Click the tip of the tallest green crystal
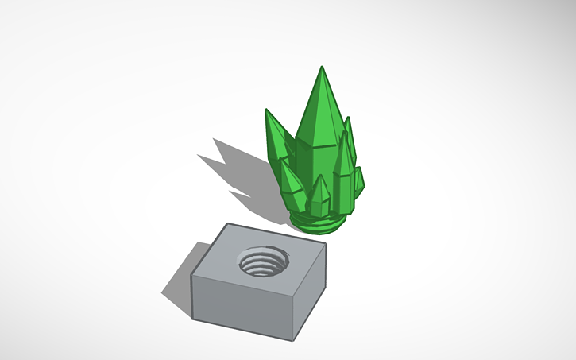(x=322, y=68)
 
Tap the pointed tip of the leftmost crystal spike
(x=267, y=110)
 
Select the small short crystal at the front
(x=319, y=195)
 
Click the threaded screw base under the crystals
(x=318, y=222)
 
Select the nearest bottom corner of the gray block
(x=296, y=341)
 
